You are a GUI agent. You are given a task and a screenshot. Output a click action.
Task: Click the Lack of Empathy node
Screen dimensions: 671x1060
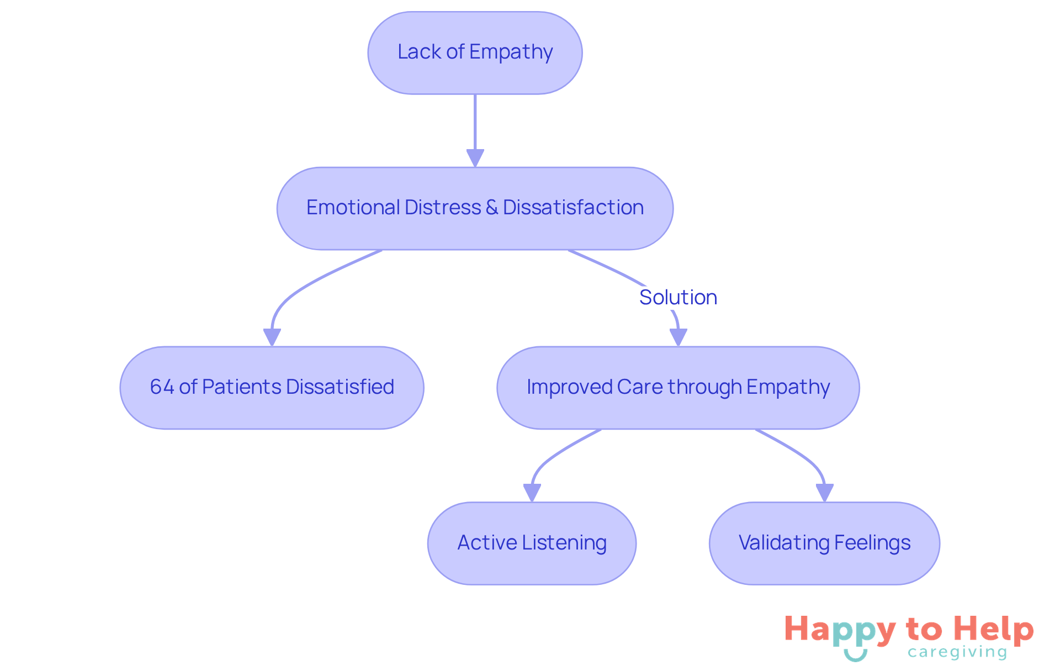(x=475, y=53)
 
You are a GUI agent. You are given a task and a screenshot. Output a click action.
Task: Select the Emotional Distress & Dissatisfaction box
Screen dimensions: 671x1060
(x=475, y=208)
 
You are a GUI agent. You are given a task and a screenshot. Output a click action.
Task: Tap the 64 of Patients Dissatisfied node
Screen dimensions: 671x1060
(x=272, y=388)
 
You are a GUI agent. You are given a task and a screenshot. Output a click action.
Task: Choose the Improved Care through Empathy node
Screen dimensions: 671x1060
(x=678, y=388)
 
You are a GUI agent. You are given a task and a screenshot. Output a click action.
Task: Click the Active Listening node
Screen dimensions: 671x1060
(x=532, y=543)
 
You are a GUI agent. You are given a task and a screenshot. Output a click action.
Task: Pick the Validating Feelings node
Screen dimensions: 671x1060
(x=824, y=543)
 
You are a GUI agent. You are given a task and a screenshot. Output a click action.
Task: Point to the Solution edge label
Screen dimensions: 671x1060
(x=678, y=297)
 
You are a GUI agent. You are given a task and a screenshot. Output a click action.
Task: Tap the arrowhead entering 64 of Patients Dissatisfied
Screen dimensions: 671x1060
(x=272, y=337)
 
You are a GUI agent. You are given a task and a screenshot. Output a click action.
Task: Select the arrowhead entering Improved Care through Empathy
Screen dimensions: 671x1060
(x=678, y=337)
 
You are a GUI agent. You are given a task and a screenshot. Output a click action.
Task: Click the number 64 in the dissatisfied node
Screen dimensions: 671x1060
(x=162, y=387)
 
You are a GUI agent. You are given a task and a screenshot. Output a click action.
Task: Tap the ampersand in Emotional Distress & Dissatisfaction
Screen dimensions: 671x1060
(x=491, y=208)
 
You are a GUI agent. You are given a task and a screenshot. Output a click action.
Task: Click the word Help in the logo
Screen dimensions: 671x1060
(x=994, y=630)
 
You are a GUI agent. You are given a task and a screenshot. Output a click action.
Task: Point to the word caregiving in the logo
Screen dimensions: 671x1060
(x=957, y=652)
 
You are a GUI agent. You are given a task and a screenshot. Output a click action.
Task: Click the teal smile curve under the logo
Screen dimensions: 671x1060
(x=856, y=656)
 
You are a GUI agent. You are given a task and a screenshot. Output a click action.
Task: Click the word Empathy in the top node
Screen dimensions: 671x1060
(x=511, y=52)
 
